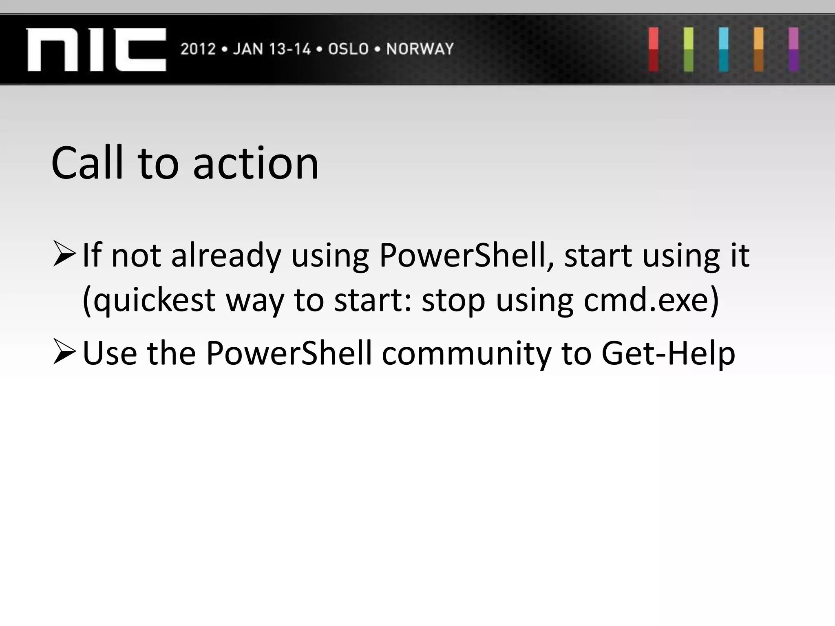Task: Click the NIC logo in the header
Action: (96, 49)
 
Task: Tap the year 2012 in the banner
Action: (198, 49)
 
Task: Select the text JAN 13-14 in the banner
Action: (272, 49)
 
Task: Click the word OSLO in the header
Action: (348, 49)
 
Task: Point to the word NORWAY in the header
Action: (420, 49)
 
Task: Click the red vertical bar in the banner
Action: (654, 49)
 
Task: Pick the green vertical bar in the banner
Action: (688, 49)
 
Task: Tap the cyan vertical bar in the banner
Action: (723, 49)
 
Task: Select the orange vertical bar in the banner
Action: (758, 49)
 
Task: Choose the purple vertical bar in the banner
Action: (793, 49)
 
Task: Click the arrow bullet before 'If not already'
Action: (64, 254)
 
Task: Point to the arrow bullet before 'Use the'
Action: (64, 353)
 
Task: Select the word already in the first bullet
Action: (226, 256)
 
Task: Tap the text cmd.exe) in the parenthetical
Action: (651, 300)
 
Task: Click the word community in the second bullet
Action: (466, 353)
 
